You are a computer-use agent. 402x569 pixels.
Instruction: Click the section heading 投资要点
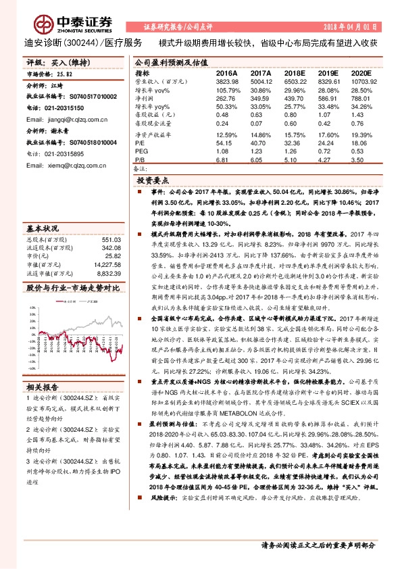(x=154, y=181)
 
